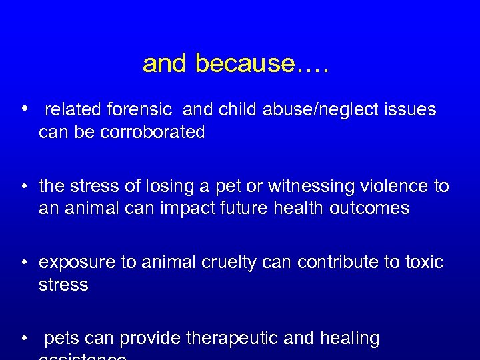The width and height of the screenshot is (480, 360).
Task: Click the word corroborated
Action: [153, 132]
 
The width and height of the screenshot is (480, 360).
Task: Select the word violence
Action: [389, 186]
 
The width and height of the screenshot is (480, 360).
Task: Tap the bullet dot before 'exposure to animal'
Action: [23, 262]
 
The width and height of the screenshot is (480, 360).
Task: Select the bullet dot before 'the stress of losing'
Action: [23, 186]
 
